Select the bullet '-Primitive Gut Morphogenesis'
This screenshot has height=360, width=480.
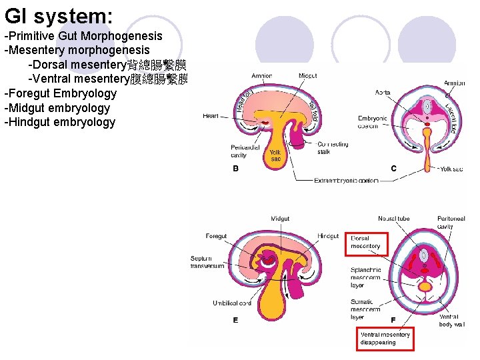click(83, 35)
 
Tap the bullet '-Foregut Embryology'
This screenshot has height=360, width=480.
click(60, 93)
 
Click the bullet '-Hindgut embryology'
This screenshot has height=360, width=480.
click(59, 122)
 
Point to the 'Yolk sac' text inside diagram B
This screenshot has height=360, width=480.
click(275, 155)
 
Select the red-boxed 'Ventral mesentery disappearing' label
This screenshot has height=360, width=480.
click(386, 339)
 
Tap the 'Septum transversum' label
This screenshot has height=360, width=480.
click(207, 262)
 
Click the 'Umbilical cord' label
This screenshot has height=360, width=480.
click(232, 303)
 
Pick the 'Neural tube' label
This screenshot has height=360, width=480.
click(393, 219)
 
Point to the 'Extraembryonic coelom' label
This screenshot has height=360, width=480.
click(347, 181)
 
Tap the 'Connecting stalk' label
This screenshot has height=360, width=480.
click(333, 148)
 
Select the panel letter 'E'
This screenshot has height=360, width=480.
click(235, 321)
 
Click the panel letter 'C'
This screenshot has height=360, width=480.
click(393, 169)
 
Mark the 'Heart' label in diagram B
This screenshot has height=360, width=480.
click(211, 116)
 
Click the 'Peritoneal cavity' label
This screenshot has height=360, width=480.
click(451, 223)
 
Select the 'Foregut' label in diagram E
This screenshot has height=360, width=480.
click(216, 236)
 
